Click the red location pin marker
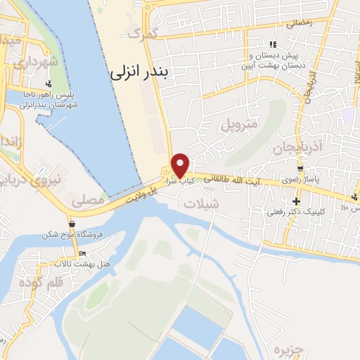pyautogui.click(x=181, y=165)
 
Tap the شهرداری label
pyautogui.click(x=20, y=62)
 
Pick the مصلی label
pyautogui.click(x=87, y=200)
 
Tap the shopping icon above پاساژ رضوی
pyautogui.click(x=301, y=169)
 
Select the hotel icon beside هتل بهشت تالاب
pyautogui.click(x=83, y=253)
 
